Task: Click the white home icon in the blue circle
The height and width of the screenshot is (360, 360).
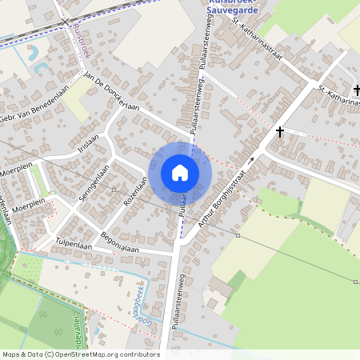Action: point(180,173)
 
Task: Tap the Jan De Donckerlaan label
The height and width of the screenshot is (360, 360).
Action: point(111,94)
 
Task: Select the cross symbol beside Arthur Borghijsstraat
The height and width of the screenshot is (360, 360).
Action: point(280,130)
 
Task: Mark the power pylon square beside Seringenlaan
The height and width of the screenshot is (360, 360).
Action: point(114,190)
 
